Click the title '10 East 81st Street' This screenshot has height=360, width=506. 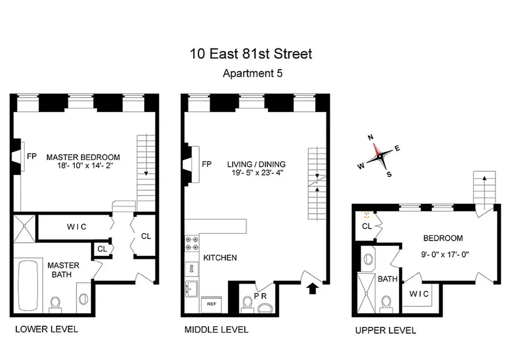[251, 54]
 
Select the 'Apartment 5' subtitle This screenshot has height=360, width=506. [253, 73]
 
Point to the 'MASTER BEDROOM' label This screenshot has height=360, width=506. [83, 157]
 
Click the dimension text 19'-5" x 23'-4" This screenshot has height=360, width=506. [256, 173]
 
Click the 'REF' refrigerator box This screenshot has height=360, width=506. [212, 304]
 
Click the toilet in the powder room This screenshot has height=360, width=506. [247, 305]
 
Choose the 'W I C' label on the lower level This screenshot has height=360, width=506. [77, 227]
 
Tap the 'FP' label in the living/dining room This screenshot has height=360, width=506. [207, 164]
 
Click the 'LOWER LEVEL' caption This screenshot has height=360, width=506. [46, 329]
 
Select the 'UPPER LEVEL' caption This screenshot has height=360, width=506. [385, 331]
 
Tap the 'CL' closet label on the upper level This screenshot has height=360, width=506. [367, 226]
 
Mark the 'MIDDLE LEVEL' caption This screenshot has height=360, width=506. [216, 330]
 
